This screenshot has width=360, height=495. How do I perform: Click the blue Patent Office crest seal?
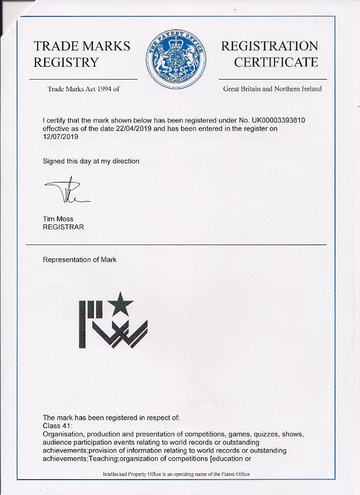click(x=175, y=58)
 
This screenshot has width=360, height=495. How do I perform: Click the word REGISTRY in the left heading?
click(x=66, y=62)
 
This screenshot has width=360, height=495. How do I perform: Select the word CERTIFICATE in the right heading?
click(x=276, y=62)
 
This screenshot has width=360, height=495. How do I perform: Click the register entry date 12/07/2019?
click(x=61, y=136)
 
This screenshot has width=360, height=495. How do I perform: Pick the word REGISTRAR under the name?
click(x=63, y=227)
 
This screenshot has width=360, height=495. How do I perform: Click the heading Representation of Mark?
click(x=80, y=260)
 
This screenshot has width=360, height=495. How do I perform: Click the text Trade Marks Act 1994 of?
click(x=83, y=89)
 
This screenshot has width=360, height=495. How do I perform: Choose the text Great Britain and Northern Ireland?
click(x=272, y=89)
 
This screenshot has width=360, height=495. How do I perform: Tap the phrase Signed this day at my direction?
click(x=91, y=161)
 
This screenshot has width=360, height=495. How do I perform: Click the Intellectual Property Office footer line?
click(x=176, y=474)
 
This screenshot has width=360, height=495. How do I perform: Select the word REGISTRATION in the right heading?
click(x=269, y=46)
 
